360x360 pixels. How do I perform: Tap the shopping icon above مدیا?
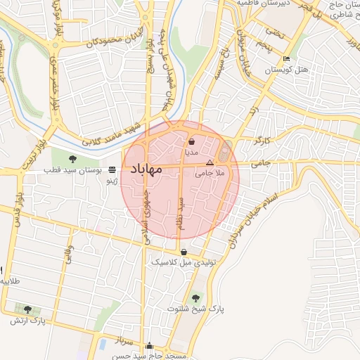pos(192,141)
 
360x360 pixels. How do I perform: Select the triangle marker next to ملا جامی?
pos(209,162)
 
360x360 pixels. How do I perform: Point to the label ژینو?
pos(110,181)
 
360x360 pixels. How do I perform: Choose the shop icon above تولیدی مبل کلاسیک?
pos(184,252)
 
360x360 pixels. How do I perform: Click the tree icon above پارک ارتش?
pos(27,309)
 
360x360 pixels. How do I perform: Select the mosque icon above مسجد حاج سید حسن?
pos(148,346)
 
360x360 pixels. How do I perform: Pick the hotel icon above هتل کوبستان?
pos(285,58)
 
